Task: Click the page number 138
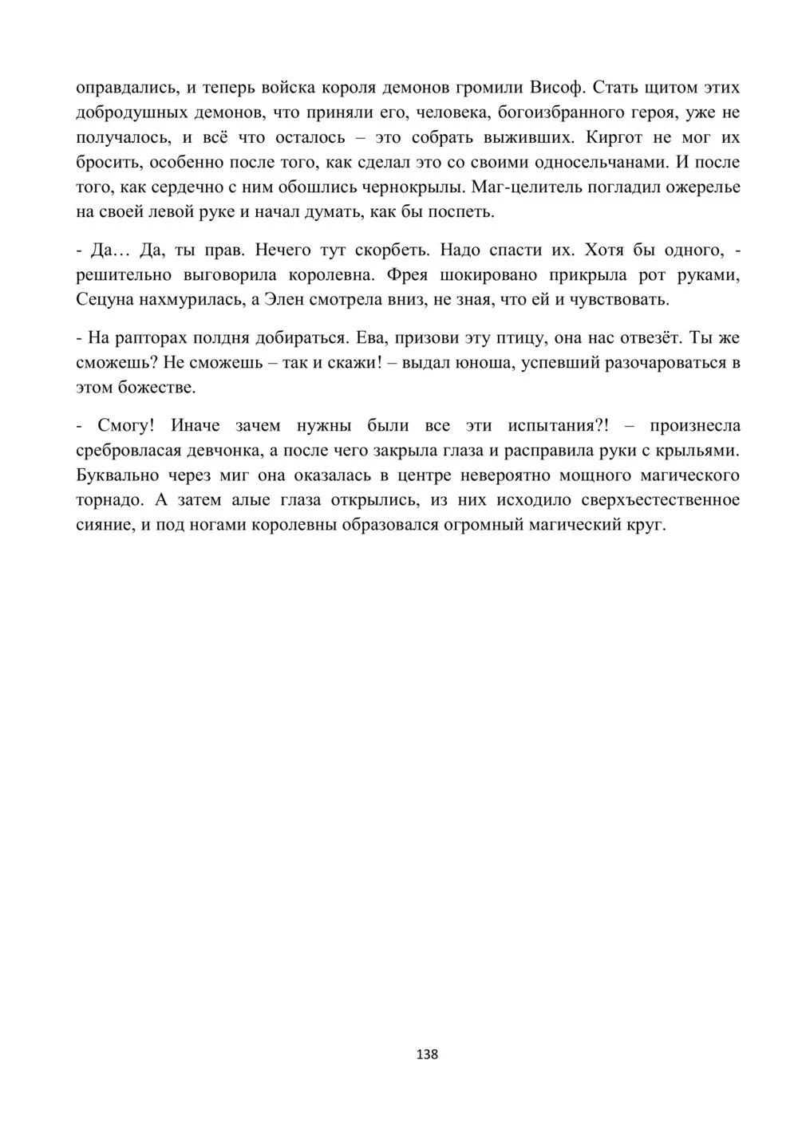click(428, 1054)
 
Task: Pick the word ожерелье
click(701, 187)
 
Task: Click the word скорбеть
click(386, 250)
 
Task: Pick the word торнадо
click(109, 501)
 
